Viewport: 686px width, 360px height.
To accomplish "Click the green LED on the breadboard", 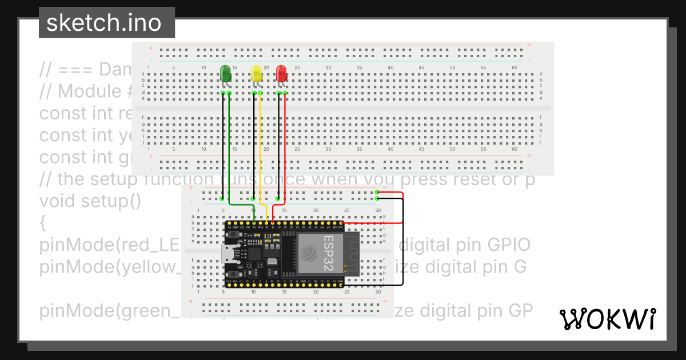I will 226,74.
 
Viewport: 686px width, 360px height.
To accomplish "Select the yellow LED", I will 257,74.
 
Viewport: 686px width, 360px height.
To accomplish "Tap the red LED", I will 282,74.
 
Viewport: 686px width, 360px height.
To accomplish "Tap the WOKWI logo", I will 608,319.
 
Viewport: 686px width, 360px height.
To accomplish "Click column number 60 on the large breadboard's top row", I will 514,68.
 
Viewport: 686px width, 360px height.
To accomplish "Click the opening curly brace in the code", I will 43,223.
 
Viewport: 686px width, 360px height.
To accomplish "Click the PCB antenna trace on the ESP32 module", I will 349,251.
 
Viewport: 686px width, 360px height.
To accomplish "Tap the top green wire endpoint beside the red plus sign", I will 377,193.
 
